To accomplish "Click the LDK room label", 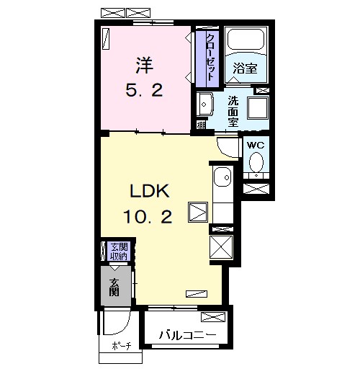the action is (x=150, y=191).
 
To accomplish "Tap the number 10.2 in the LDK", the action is (x=148, y=216).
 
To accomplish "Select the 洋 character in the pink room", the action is (x=145, y=66).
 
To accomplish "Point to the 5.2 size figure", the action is (x=144, y=90).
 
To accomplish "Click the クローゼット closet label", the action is (x=210, y=57).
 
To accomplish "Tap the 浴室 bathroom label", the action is (x=245, y=68).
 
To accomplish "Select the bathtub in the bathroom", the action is (x=246, y=40).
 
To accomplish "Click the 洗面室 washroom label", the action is (x=233, y=111).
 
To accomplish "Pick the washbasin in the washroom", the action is (x=204, y=104).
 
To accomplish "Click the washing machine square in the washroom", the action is (x=258, y=108).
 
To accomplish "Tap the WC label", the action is (x=256, y=145).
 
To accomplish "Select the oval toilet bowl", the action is (x=256, y=162).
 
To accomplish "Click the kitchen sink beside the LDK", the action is (x=222, y=177).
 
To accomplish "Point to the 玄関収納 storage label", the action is (x=119, y=251).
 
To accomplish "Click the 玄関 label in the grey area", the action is (x=114, y=288).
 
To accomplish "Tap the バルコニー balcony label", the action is (x=187, y=335).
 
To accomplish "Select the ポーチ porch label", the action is (x=122, y=346).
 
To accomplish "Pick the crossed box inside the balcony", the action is (x=213, y=317).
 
